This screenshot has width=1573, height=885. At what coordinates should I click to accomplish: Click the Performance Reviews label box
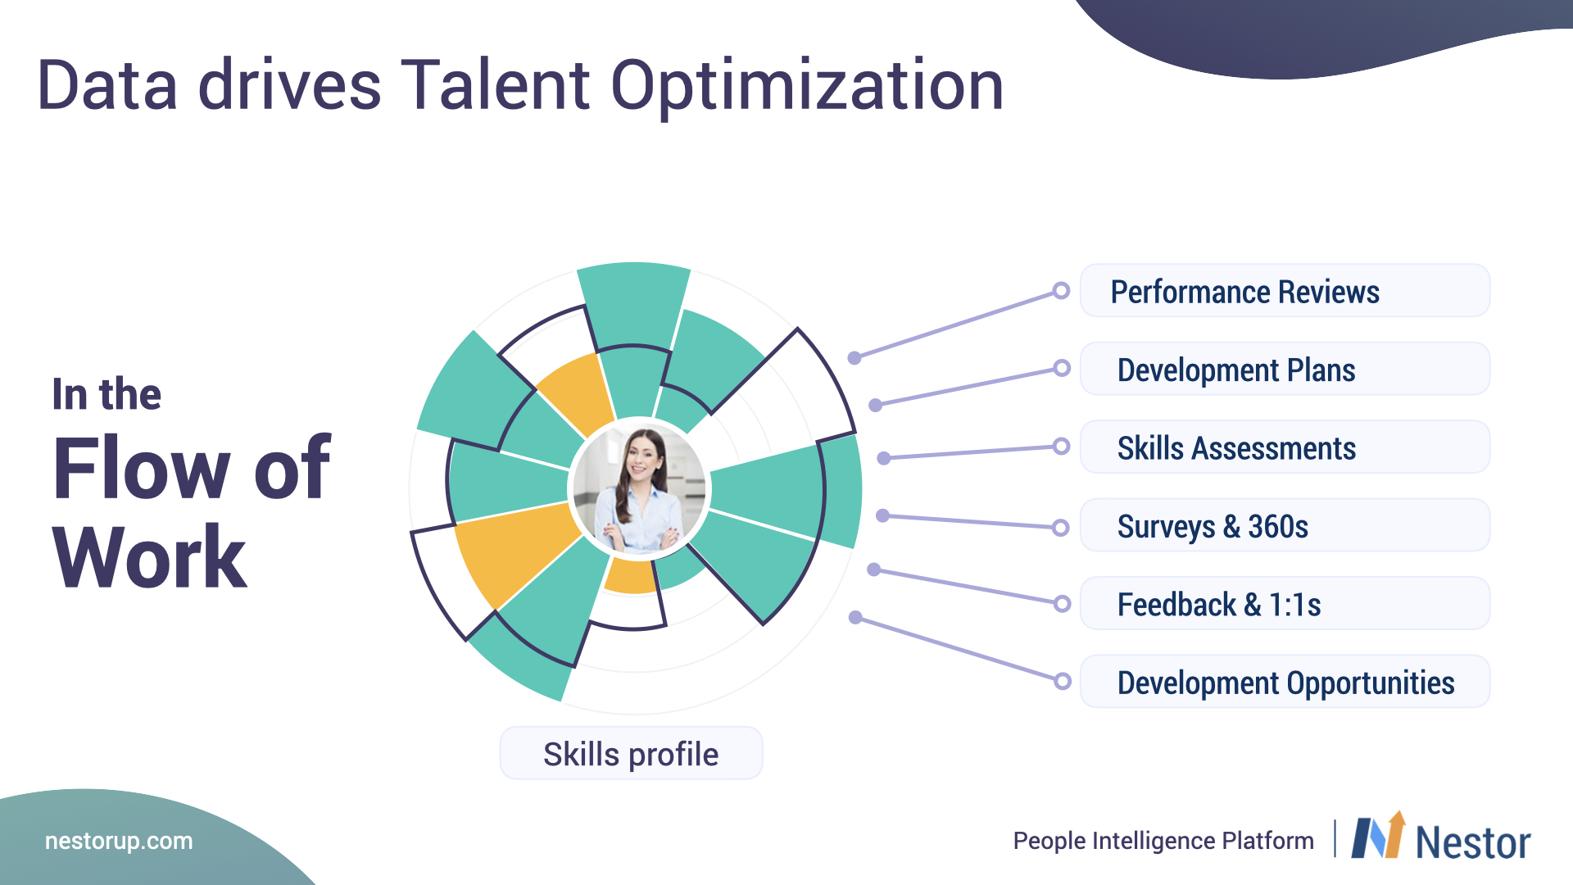click(x=1285, y=291)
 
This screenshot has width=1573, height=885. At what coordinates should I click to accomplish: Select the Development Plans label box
click(x=1285, y=369)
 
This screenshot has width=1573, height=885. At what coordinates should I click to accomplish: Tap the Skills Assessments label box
click(x=1285, y=447)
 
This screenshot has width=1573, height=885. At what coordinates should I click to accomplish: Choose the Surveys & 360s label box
click(x=1285, y=525)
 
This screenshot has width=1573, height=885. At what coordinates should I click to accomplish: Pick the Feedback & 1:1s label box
click(x=1285, y=604)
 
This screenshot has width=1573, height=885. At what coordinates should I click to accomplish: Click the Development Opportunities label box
click(x=1285, y=682)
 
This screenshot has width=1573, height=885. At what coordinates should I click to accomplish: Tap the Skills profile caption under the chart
click(x=631, y=753)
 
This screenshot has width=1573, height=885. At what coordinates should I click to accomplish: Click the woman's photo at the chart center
click(x=639, y=489)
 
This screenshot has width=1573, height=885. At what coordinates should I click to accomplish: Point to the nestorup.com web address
click(x=119, y=841)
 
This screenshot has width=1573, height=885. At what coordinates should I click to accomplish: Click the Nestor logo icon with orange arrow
click(x=1379, y=835)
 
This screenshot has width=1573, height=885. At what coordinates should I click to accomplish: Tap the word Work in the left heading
click(x=149, y=557)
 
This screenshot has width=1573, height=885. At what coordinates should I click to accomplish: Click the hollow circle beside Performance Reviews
click(x=1061, y=291)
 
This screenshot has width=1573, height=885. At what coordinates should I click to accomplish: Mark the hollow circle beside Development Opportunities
click(x=1063, y=681)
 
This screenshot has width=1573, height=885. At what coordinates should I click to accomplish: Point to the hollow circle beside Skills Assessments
click(x=1061, y=447)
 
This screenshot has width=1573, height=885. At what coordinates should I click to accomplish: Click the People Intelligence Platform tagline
click(x=1163, y=841)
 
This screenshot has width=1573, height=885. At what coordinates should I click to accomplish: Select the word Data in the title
click(x=107, y=85)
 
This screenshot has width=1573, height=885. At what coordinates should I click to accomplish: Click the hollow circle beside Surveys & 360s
click(x=1060, y=527)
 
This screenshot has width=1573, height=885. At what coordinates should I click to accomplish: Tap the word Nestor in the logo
click(x=1473, y=843)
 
